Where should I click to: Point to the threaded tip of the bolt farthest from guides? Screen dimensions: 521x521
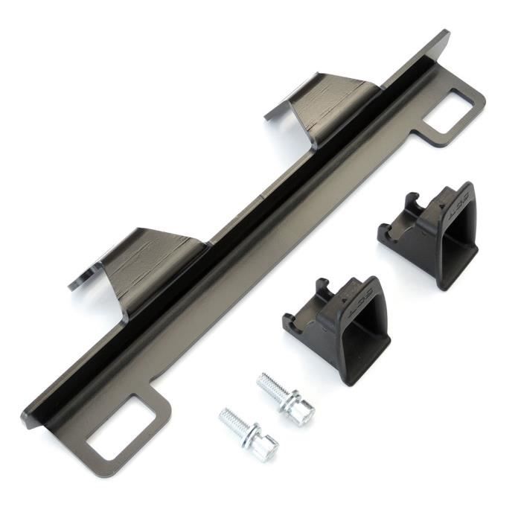(x=228, y=418)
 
